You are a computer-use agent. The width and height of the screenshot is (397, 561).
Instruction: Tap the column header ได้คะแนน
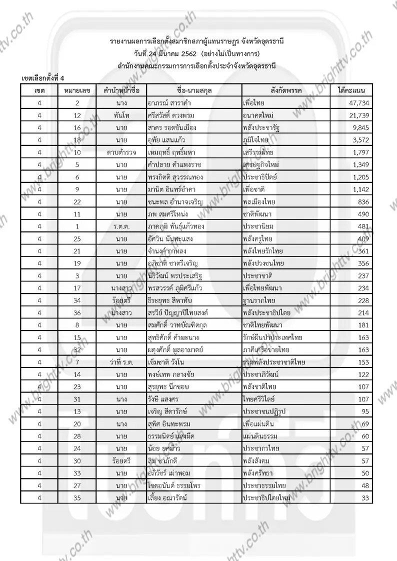[351, 90]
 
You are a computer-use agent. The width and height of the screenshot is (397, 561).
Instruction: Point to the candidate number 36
[77, 313]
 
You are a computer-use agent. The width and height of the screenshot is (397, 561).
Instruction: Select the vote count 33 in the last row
[363, 498]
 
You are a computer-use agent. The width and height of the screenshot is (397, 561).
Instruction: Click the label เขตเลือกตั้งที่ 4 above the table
[43, 78]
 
